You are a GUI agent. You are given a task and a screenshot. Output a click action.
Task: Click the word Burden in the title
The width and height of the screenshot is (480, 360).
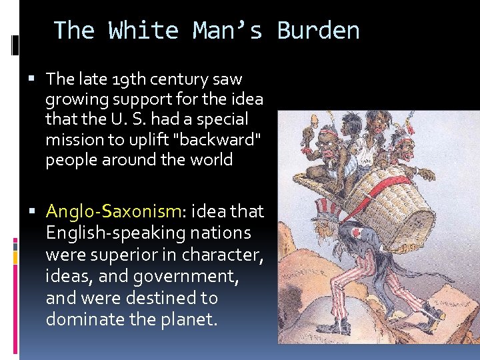[x=318, y=31]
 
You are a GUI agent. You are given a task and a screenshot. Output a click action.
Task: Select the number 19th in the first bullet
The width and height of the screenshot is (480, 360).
[x=131, y=79]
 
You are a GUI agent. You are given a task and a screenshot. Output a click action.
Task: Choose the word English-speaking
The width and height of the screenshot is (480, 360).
[x=115, y=233]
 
